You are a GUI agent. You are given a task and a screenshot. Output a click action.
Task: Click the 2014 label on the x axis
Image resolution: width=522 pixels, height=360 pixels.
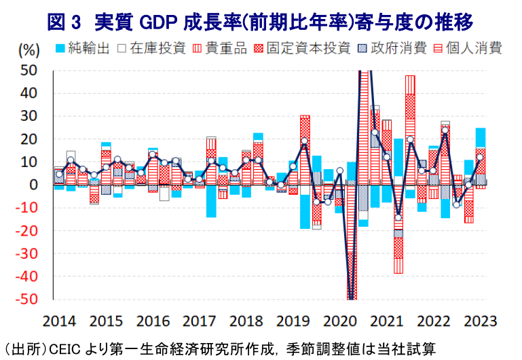coord(58,321)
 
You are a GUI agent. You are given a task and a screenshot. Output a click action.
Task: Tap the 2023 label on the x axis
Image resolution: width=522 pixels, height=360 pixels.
coord(479,321)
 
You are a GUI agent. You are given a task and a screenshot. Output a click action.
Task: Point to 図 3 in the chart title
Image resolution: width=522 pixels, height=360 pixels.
coord(64,20)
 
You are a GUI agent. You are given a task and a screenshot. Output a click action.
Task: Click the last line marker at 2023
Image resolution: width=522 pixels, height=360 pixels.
coord(481,157)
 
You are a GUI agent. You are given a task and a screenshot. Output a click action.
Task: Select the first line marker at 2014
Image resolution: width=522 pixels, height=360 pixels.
coord(59,174)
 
